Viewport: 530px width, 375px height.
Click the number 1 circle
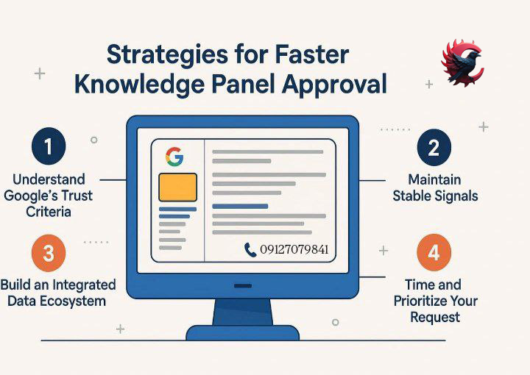(x=49, y=146)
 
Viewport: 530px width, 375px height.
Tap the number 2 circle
(x=434, y=148)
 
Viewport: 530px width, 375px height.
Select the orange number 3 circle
(x=49, y=253)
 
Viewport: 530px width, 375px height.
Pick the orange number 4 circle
(x=434, y=252)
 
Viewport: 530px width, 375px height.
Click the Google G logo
(x=174, y=157)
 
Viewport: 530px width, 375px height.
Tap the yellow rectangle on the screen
(x=178, y=187)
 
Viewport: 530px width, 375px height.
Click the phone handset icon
(x=250, y=250)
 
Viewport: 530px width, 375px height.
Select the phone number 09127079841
(x=294, y=249)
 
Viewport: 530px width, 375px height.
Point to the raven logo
(x=462, y=63)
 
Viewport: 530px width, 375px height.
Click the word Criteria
(x=49, y=212)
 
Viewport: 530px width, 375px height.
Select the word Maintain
(x=434, y=179)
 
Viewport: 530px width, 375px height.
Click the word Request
(x=435, y=318)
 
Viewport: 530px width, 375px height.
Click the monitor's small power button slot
(x=243, y=286)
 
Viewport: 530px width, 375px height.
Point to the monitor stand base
(x=243, y=333)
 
